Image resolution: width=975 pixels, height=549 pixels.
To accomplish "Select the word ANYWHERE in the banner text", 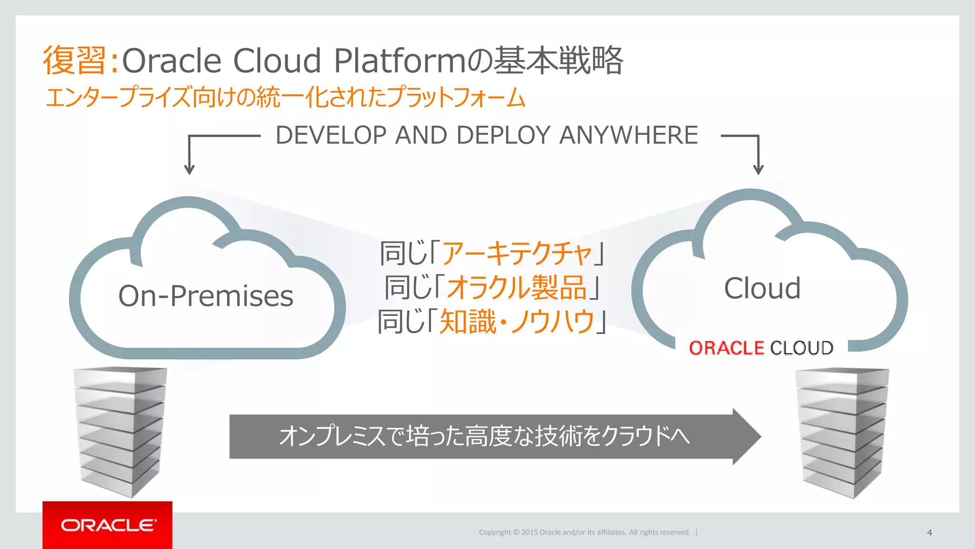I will (x=628, y=135).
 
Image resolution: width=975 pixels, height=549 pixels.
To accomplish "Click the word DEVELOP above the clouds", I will (x=331, y=135).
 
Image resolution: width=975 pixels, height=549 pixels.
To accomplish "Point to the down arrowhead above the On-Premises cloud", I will (x=189, y=170).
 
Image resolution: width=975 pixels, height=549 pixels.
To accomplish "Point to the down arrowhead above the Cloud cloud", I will (x=758, y=170).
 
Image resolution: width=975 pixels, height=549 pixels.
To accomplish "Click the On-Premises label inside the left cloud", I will (x=206, y=296).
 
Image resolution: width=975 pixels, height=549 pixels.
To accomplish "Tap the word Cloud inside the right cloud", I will (x=762, y=288).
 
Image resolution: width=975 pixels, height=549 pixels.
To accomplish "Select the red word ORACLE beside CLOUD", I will (x=726, y=348).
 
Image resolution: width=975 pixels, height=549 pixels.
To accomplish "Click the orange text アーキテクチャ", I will (x=517, y=253).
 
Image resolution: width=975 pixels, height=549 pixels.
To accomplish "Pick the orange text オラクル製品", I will (x=517, y=287).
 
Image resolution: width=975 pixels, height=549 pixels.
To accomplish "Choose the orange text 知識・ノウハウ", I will (x=517, y=322).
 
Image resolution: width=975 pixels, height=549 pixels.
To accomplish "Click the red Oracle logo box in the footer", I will (x=107, y=525).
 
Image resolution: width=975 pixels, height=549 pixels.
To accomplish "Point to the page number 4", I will (x=929, y=532).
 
